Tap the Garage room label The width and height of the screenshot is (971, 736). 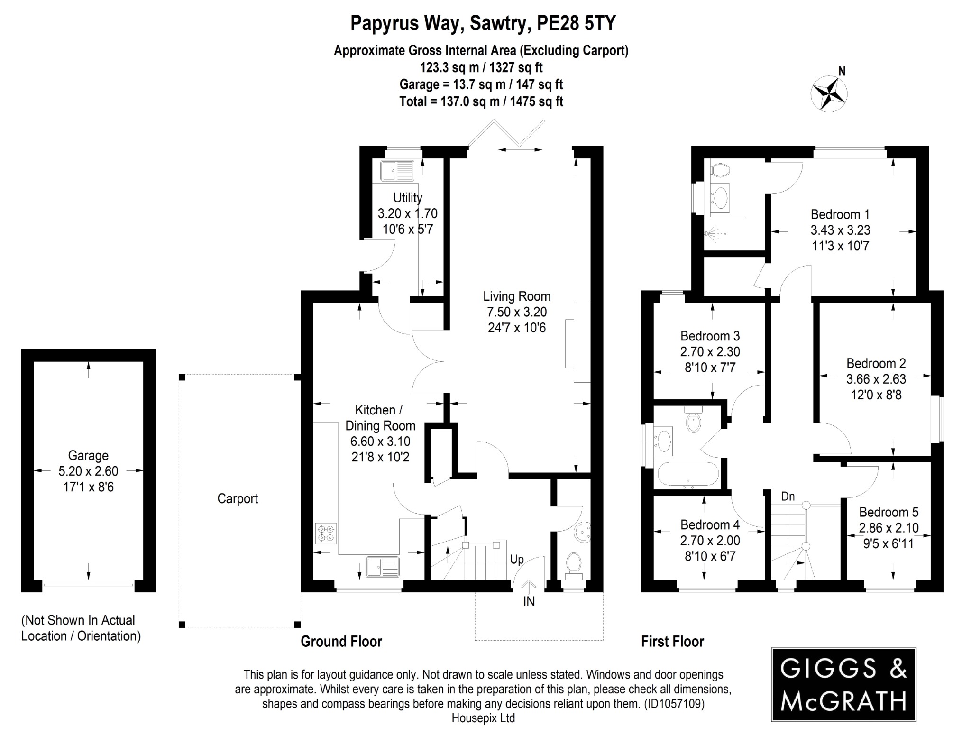pos(88,455)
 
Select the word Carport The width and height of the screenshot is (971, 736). pos(238,498)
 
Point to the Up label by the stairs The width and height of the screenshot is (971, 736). pos(517,560)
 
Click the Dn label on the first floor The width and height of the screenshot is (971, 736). pos(788,497)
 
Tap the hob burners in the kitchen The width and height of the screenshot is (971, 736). pos(326,533)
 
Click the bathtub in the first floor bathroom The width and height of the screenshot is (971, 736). pos(688,475)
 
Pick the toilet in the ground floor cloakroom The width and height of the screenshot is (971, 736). pos(574,563)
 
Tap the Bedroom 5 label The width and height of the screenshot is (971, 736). pos(889,512)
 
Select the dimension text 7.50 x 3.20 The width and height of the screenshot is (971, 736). pos(517,312)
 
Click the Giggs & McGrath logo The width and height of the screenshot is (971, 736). pos(843,684)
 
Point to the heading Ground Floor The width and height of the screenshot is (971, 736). pos(341,642)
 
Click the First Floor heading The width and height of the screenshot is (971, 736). pos(672,642)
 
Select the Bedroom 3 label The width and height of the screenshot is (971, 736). pos(710,336)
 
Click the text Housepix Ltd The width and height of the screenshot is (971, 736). pos(483,718)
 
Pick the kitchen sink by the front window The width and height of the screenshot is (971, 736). pos(383,566)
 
